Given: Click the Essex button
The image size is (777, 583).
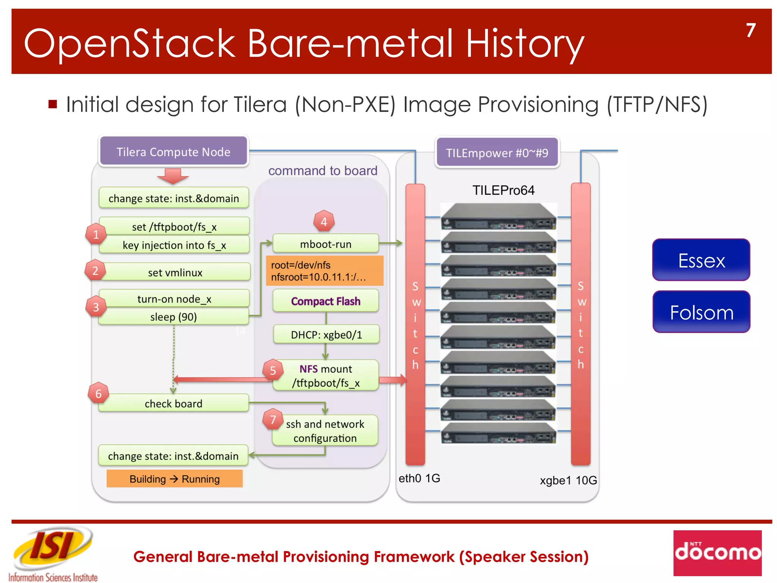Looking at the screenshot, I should [701, 260].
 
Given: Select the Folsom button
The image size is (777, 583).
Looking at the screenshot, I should [701, 312].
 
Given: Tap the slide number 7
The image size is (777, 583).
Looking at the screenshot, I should [750, 30].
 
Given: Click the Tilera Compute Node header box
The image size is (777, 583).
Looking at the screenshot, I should [173, 151].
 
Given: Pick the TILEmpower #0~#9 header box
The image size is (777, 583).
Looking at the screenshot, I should [497, 153].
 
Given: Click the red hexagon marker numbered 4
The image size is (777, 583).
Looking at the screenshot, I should [324, 221].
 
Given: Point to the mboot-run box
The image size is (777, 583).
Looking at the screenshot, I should [326, 244].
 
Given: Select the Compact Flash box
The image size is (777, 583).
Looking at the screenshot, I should [326, 301].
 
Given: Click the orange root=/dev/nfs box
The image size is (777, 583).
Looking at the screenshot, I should [324, 271].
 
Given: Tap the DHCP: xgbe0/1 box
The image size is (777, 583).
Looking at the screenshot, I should [326, 334].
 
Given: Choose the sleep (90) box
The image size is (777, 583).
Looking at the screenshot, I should [173, 317].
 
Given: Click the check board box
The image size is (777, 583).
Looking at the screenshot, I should [173, 403].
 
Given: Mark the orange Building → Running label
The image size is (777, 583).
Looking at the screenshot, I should [175, 479].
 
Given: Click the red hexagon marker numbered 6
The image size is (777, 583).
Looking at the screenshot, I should [98, 394].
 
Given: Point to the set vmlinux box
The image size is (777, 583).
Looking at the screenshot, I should [175, 272].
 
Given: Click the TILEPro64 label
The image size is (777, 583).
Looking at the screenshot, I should [503, 190].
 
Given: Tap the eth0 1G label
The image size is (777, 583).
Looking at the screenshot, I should [419, 478].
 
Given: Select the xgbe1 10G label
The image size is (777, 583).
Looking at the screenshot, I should [568, 480].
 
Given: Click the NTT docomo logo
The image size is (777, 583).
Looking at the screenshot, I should [717, 553].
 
